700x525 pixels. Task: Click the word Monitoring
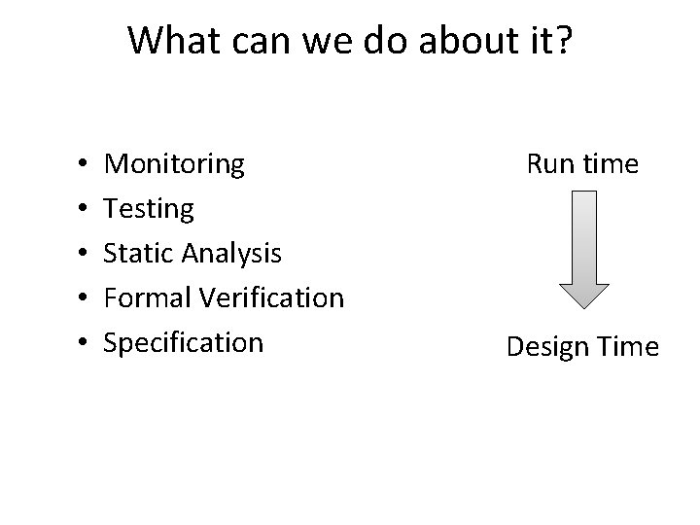174,164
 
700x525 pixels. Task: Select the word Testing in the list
149,209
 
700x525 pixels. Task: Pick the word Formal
147,297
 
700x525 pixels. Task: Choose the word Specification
183,342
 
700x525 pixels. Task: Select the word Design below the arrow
547,347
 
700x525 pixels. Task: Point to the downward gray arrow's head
582,297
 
